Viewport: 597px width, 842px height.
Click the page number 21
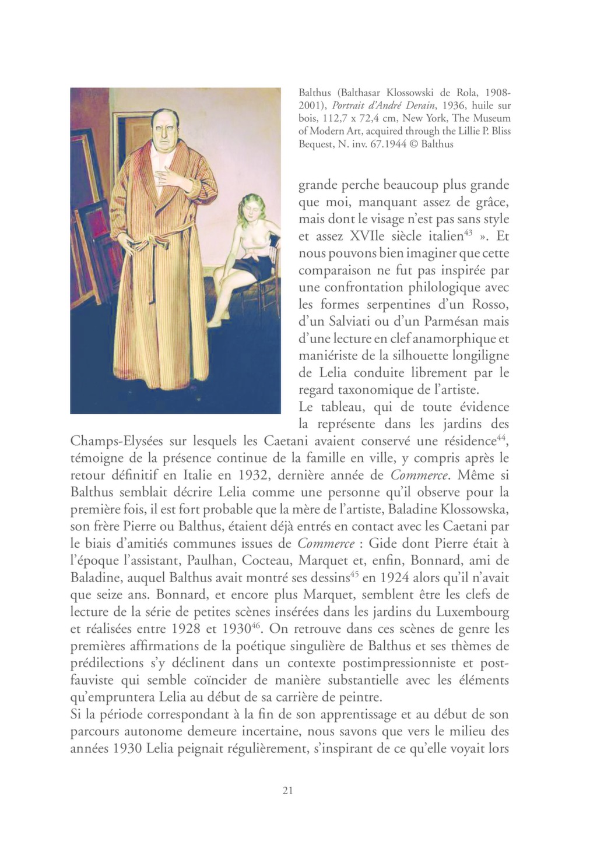pyautogui.click(x=286, y=791)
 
